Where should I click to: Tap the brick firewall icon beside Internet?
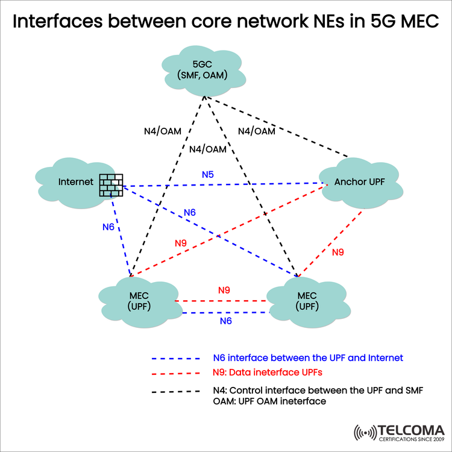(x=111, y=185)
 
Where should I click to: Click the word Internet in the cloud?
(x=76, y=181)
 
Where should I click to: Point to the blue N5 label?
(x=207, y=175)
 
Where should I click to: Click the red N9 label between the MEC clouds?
(x=224, y=290)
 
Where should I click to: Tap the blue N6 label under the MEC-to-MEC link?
(x=225, y=321)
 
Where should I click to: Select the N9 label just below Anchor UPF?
(x=337, y=252)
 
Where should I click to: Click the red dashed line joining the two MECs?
(x=221, y=301)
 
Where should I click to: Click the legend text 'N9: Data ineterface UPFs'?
(x=263, y=372)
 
